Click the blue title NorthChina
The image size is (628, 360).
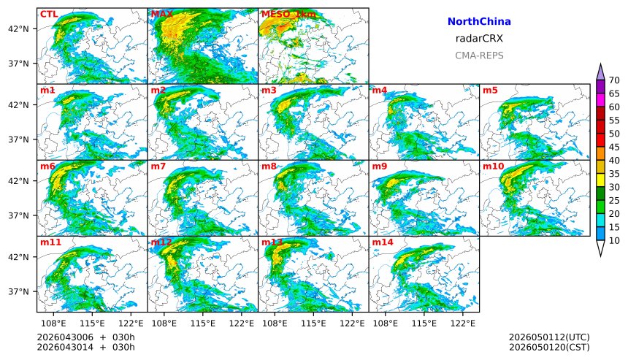point(479,22)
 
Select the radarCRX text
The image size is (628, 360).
point(479,39)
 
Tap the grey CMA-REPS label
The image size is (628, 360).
point(479,55)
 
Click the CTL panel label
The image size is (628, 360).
point(49,14)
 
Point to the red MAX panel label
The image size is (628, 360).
point(162,14)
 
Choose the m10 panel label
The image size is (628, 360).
point(493,166)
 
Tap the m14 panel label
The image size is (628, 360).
point(383,242)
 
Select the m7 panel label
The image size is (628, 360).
point(158,166)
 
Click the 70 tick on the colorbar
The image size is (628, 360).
point(614,80)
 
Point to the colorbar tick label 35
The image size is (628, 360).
point(614,174)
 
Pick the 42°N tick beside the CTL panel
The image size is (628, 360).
point(18,29)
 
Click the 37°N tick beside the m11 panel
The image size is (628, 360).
point(18,291)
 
